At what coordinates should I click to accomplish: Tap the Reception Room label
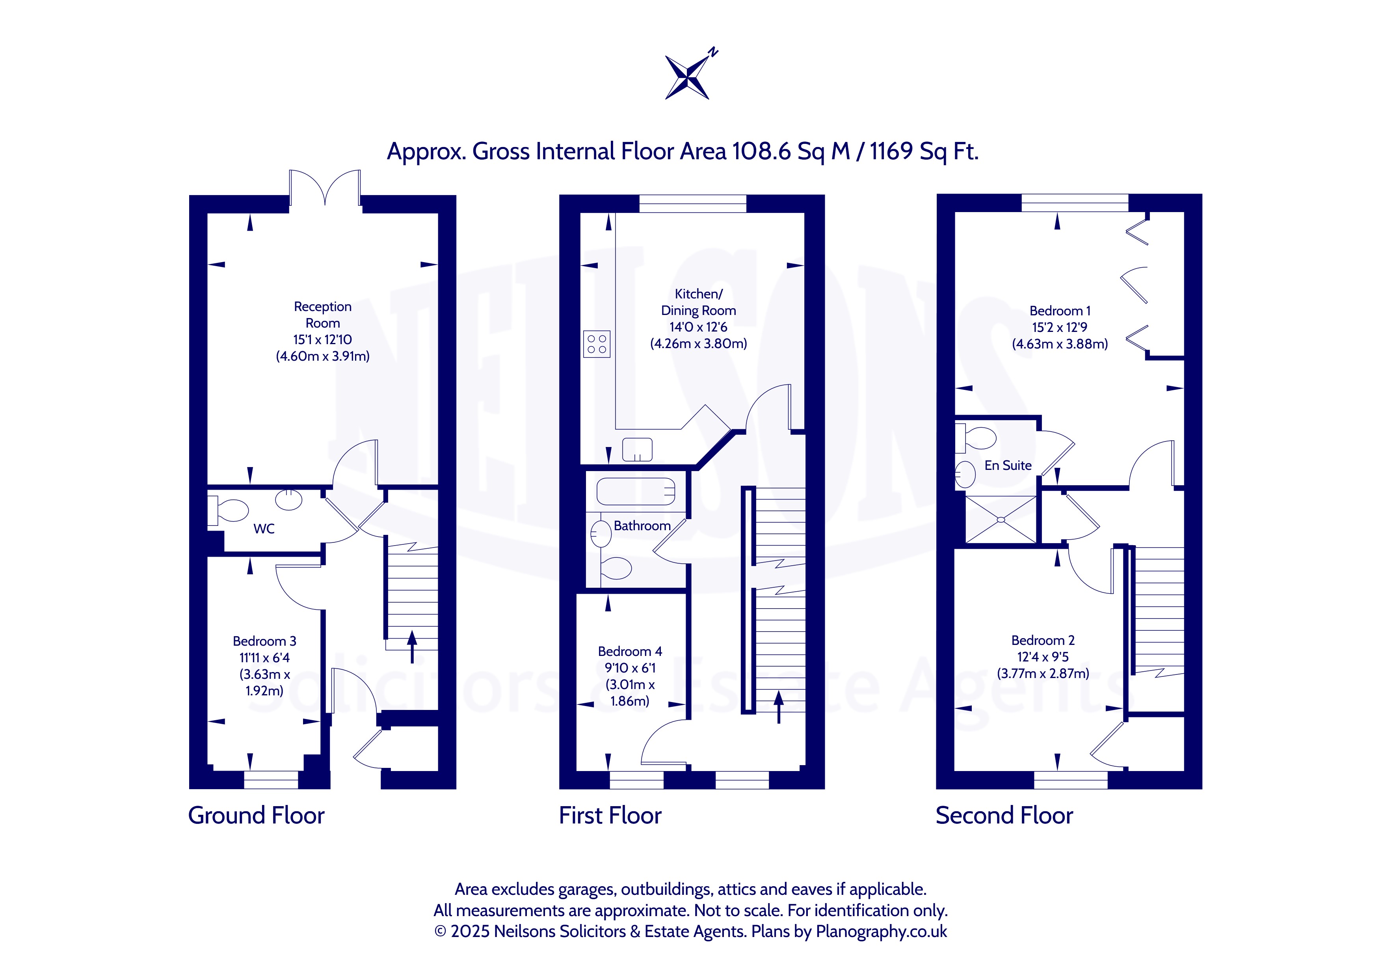coord(323,314)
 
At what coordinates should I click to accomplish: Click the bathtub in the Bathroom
coord(636,492)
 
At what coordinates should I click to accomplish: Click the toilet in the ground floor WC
coord(228,510)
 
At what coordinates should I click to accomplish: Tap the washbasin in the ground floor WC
coord(289,499)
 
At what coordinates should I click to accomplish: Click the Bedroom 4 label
coord(630,651)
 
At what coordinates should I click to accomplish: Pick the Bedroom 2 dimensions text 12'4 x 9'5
coord(1043,657)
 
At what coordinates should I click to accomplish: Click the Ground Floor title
coord(257,816)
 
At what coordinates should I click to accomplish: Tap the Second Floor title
coord(1004,816)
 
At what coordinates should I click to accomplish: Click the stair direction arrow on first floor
coord(779,707)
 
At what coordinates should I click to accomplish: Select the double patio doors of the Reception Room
coord(325,188)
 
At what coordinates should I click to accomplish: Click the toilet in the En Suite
coord(977,438)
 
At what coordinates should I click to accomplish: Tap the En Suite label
coord(1008,466)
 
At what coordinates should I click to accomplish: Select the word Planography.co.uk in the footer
coord(881,931)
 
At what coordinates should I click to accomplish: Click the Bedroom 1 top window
coord(1075,203)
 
